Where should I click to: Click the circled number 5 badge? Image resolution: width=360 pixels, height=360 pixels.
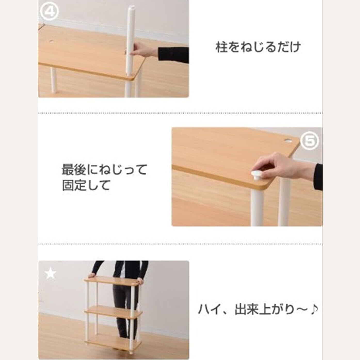[310, 141]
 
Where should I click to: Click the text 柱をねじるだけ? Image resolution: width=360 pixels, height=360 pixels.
[258, 47]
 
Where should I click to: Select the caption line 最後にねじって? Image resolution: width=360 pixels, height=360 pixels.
[104, 169]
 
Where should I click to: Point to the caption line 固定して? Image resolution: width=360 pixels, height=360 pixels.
[86, 185]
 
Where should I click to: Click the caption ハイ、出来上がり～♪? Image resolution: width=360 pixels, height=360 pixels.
[258, 309]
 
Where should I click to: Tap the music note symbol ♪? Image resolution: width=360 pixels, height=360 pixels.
[313, 309]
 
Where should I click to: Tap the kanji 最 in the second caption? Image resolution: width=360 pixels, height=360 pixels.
[68, 169]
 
